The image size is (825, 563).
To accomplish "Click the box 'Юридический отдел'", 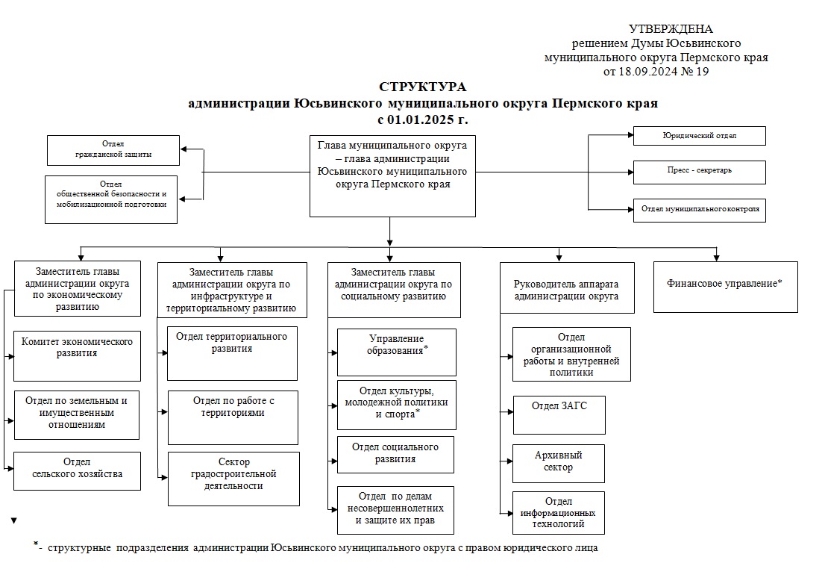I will tap(699, 135).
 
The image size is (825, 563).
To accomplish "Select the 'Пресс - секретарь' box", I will tap(699, 172).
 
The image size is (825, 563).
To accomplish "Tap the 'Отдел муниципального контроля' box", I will tap(700, 210).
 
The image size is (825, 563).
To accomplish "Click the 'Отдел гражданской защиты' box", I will tap(113, 150).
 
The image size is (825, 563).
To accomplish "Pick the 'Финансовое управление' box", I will tap(725, 287).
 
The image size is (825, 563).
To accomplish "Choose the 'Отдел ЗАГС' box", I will tap(559, 414).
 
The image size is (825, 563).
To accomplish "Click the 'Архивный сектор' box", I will tap(559, 463).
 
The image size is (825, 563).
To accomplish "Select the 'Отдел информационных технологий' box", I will tap(559, 512).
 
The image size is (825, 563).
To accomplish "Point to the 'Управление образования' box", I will tap(396, 352).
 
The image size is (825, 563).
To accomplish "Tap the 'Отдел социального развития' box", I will tap(395, 454).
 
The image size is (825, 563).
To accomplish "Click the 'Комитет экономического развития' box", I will tap(77, 355).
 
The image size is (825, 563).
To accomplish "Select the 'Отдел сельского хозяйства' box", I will tap(77, 470).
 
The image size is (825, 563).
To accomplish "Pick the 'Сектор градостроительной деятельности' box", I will tap(233, 478).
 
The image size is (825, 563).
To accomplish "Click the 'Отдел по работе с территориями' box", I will tap(233, 417).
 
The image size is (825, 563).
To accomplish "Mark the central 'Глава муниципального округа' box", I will tap(392, 175).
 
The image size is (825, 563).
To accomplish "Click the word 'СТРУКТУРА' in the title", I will tap(422, 87).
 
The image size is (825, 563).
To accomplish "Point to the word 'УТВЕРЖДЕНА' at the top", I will tap(671, 29).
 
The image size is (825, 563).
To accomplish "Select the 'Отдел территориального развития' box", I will tap(232, 352).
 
